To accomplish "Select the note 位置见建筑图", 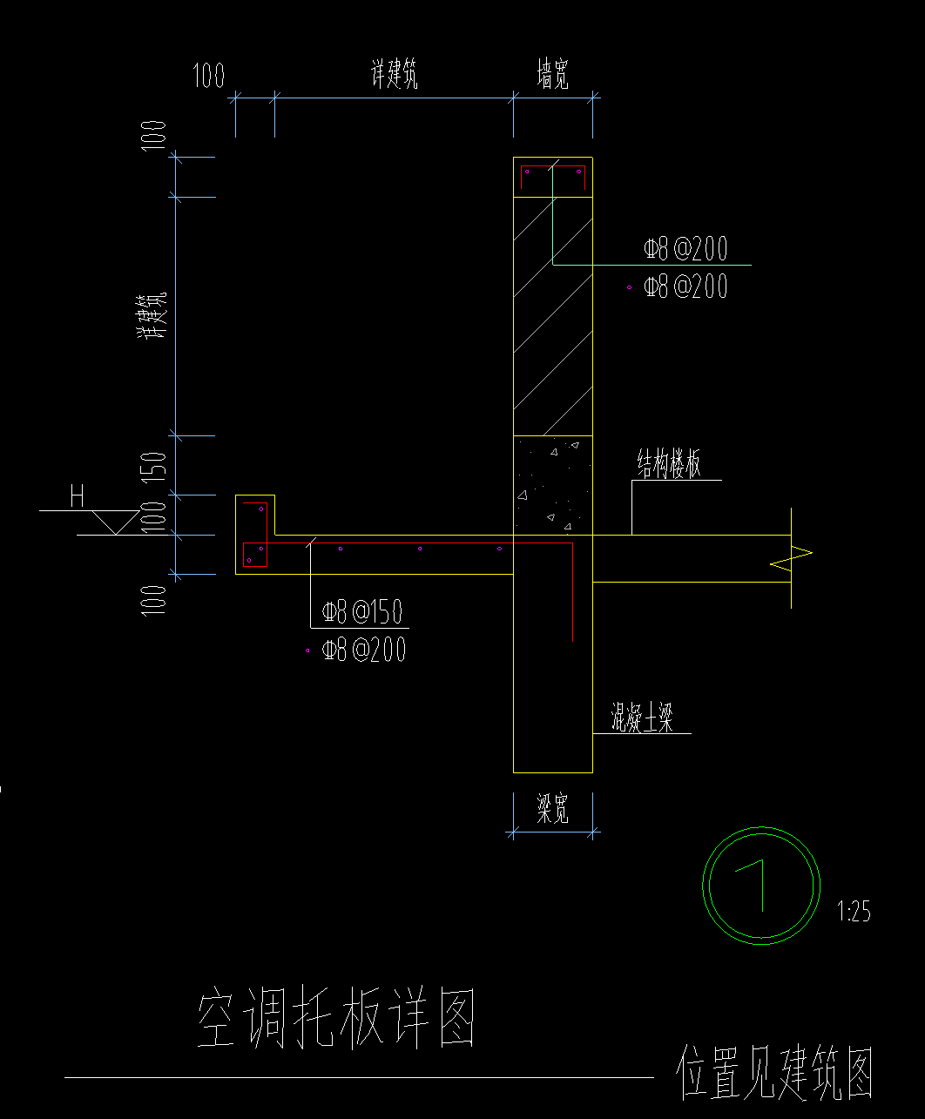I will [774, 1072].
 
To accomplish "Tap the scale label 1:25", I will [854, 912].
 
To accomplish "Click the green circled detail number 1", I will [761, 884].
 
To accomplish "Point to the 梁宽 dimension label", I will [552, 811].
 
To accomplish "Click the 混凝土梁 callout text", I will [642, 719].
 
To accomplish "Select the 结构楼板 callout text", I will [668, 466].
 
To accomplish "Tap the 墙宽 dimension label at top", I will [552, 77].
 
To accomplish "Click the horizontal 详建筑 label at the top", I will [395, 77].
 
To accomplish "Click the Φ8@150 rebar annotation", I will [362, 612].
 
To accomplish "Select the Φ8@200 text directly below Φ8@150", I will [363, 650].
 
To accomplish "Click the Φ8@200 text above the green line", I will [685, 249].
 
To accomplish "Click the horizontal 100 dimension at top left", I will [208, 77].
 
